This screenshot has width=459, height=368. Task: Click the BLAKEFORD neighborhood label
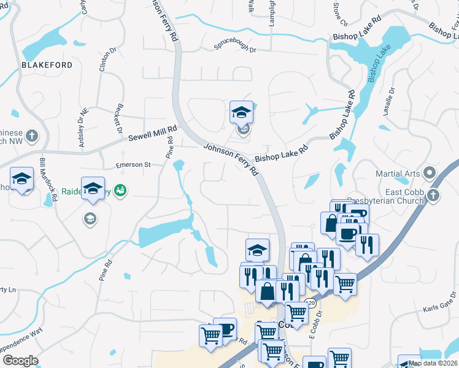pyautogui.click(x=47, y=65)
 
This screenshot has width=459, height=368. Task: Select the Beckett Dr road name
pyautogui.click(x=117, y=114)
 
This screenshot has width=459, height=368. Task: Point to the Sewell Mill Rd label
pyautogui.click(x=152, y=134)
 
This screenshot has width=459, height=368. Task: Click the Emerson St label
pyautogui.click(x=133, y=165)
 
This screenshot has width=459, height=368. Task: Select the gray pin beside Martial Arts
pyautogui.click(x=430, y=174)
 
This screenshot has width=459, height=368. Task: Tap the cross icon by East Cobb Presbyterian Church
pyautogui.click(x=433, y=196)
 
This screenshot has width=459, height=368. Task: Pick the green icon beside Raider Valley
pyautogui.click(x=121, y=191)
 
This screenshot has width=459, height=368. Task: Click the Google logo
pyautogui.click(x=20, y=361)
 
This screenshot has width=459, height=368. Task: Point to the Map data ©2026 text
pyautogui.click(x=433, y=363)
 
